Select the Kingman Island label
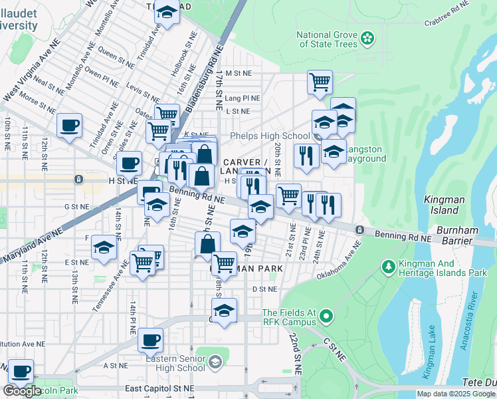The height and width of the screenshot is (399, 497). pos(441,204)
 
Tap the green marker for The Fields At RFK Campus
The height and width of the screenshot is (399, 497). pos(326,314)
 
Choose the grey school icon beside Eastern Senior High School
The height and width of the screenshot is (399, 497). pos(215,362)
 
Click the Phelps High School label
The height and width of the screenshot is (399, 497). pos(269,136)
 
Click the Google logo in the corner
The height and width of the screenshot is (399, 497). pos(22,391)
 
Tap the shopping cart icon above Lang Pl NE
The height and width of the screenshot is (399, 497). pos(320,82)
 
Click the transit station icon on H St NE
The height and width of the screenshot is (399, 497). pos(78,180)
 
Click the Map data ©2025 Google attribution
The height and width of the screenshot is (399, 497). pos(456,394)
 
